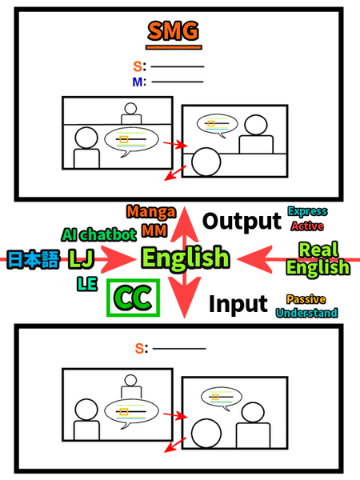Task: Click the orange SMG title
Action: click(173, 33)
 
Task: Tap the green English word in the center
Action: click(185, 258)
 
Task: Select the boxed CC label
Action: click(134, 298)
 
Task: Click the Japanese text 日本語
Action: click(31, 258)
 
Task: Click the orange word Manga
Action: click(150, 213)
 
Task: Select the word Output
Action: click(240, 222)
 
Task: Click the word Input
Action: click(238, 303)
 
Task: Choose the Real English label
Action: click(318, 258)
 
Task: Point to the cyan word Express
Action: click(307, 212)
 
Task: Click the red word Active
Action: click(307, 226)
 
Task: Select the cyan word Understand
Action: click(306, 313)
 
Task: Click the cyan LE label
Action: click(86, 284)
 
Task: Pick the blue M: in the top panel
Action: click(137, 82)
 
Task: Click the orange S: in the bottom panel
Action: click(141, 348)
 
